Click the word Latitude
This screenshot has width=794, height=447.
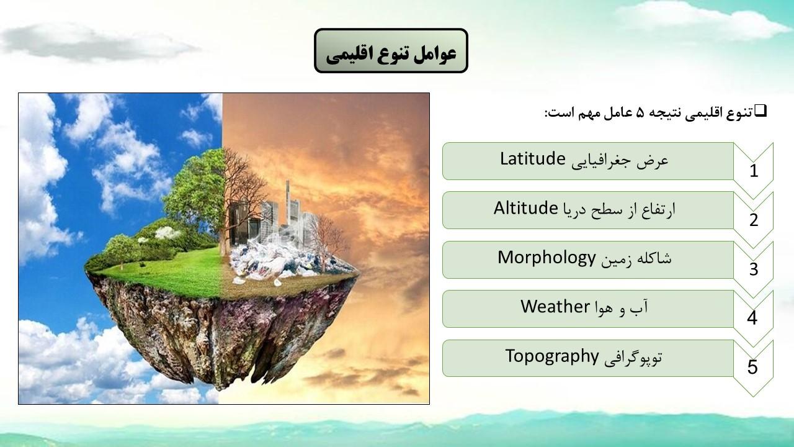coord(532,158)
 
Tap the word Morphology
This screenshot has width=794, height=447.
coord(546,258)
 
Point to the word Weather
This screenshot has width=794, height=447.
coord(555,306)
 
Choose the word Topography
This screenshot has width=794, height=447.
coord(552,356)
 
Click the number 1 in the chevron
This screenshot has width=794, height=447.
coord(754,171)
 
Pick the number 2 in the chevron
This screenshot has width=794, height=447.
coord(754,220)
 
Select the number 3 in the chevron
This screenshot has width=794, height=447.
coord(754,269)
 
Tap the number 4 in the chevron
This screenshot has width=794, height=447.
coord(752,318)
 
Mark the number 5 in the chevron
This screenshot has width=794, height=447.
coord(752,367)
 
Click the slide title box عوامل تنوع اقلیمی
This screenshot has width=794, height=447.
coord(391,51)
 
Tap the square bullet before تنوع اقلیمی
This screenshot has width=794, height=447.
coord(761,111)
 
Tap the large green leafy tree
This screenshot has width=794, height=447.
coord(195,188)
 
